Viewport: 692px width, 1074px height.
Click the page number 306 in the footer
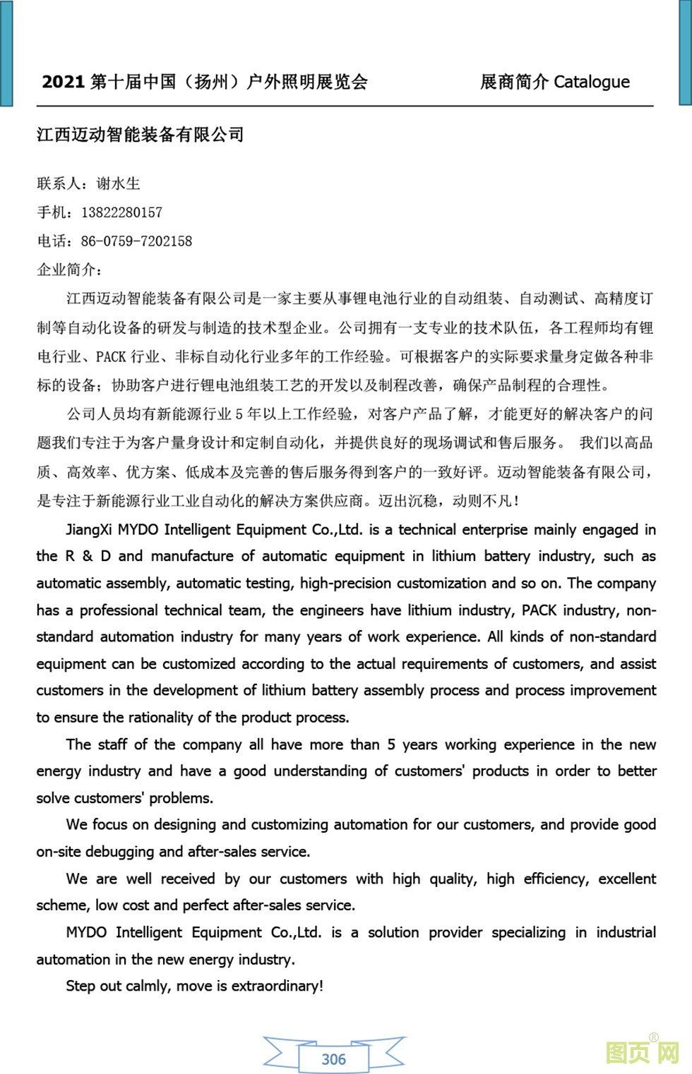[333, 1059]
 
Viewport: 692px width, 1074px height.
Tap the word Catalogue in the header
[591, 82]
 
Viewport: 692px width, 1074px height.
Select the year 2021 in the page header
[63, 82]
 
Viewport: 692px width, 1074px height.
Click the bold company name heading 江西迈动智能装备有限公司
[140, 134]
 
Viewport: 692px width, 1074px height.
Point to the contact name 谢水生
[119, 183]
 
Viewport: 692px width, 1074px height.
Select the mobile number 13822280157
[121, 212]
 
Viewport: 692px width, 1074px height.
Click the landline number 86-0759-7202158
[136, 241]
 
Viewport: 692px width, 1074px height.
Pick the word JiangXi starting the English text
[88, 529]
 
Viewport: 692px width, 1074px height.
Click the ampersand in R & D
[88, 556]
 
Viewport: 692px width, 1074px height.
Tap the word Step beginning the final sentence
[80, 986]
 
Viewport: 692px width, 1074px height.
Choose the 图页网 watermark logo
[642, 1052]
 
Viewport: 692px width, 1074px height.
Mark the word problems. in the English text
[179, 798]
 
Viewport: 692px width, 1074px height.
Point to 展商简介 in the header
[513, 82]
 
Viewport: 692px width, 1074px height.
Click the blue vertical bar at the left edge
[6, 53]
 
